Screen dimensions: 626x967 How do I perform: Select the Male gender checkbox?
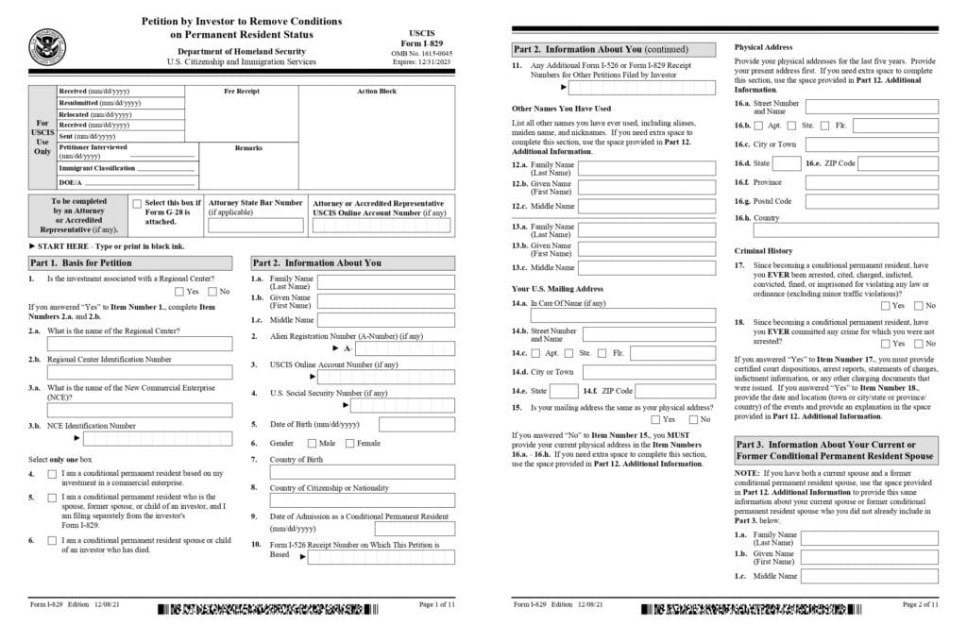click(x=311, y=443)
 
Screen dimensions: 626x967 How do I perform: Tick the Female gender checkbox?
click(x=349, y=443)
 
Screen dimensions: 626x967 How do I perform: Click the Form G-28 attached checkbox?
click(x=138, y=204)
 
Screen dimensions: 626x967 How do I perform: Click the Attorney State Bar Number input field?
click(x=255, y=226)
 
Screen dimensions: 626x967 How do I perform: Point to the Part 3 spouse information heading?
click(x=836, y=449)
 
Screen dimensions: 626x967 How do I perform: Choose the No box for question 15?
click(x=692, y=419)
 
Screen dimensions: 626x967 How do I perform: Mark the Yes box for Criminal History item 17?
click(x=885, y=305)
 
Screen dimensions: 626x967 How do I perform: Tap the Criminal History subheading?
click(x=764, y=251)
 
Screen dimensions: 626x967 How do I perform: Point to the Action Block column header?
click(x=377, y=92)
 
